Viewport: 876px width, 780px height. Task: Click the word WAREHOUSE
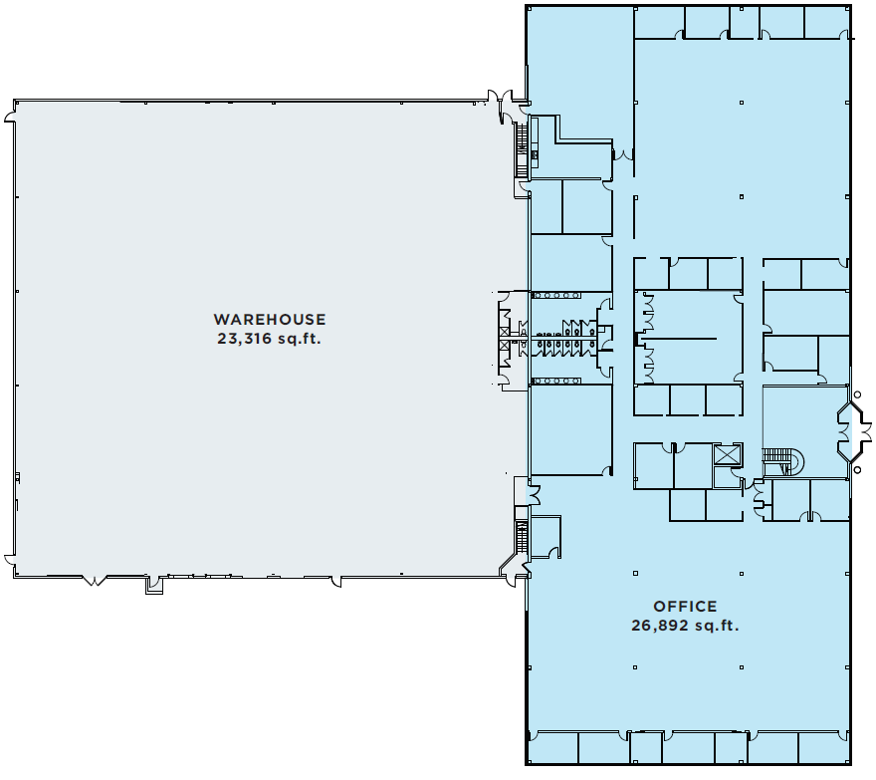tap(269, 320)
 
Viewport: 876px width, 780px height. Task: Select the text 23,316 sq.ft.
tap(269, 338)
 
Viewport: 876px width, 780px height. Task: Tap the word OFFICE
tap(685, 607)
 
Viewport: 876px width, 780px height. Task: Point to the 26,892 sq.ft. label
tap(685, 626)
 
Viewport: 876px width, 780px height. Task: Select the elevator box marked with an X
tap(729, 454)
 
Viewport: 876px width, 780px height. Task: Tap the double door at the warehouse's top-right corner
tap(507, 100)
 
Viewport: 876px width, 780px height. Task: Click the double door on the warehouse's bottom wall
tap(95, 579)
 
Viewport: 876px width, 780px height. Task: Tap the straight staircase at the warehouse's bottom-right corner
tap(520, 538)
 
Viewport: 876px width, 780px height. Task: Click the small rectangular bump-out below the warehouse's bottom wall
tap(153, 586)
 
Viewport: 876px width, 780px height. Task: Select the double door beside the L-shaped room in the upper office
tap(622, 154)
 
